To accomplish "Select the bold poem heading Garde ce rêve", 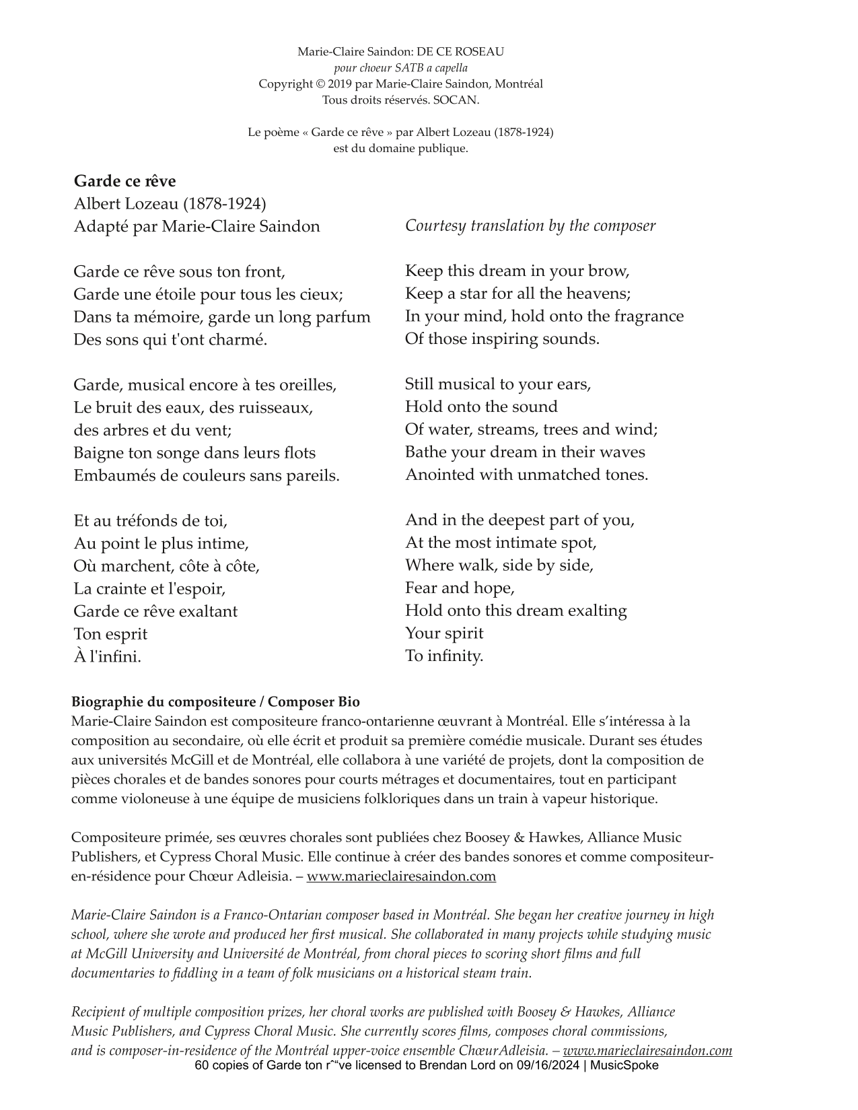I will (124, 181).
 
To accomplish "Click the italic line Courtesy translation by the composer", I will (530, 226).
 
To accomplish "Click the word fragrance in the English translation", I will (643, 316).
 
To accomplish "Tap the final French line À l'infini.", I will (108, 657).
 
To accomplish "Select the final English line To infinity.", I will (444, 656).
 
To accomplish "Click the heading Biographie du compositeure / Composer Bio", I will (215, 702).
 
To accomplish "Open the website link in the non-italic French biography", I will (401, 876).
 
